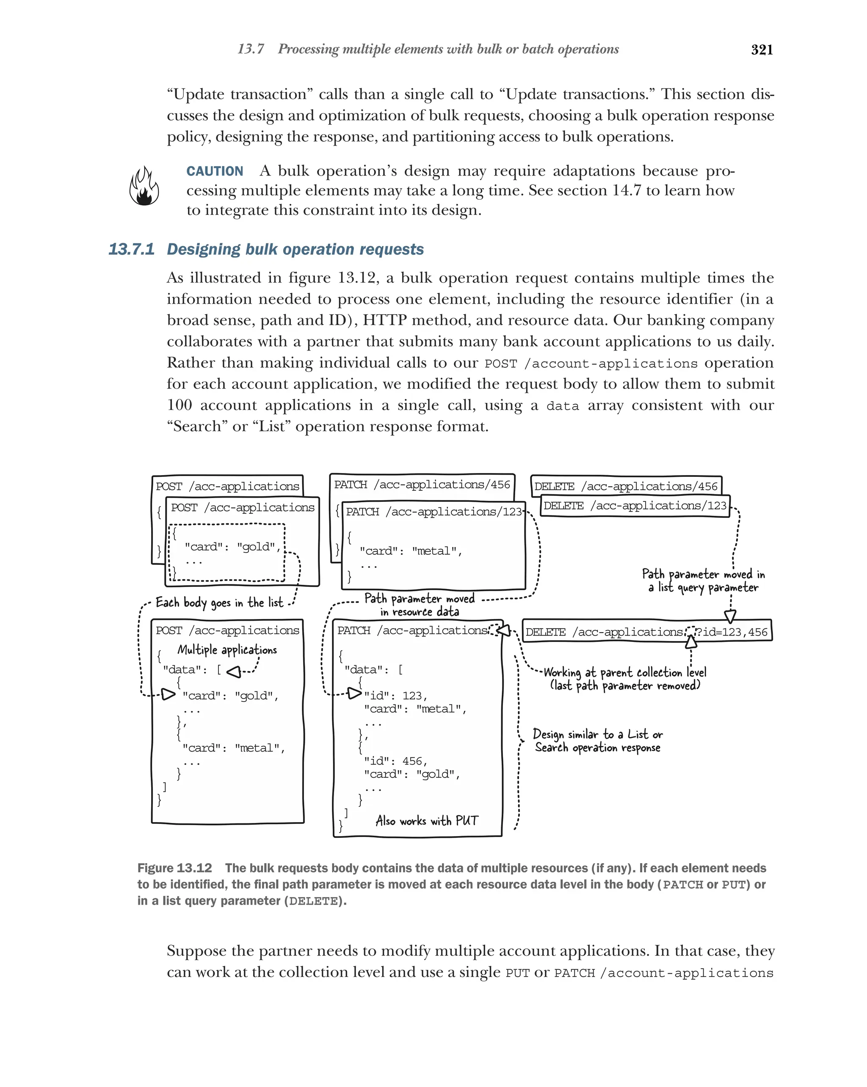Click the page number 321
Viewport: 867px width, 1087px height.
[x=762, y=50]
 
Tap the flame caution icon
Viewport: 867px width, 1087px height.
[x=144, y=187]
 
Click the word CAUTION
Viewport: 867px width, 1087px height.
[x=215, y=171]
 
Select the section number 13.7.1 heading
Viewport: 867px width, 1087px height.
[x=131, y=249]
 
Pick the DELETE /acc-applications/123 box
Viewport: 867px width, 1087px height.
[x=635, y=506]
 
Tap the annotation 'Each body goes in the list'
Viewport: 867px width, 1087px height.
[x=219, y=603]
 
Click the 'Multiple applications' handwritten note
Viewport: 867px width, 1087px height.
[x=227, y=650]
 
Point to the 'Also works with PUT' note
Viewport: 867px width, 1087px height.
[x=426, y=821]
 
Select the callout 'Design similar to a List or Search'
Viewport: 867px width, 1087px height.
[x=598, y=740]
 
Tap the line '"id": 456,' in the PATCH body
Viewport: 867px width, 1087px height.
[x=395, y=761]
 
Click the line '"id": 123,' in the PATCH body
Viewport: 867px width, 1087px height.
[x=395, y=696]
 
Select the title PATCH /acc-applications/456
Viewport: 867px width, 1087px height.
[x=422, y=484]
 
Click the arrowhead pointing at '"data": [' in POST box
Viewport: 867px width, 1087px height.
[x=234, y=671]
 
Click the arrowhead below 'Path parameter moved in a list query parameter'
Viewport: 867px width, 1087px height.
[x=730, y=616]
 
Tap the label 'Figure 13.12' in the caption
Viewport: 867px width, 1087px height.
[x=174, y=868]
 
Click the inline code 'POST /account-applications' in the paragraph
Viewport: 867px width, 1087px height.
[x=591, y=363]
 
